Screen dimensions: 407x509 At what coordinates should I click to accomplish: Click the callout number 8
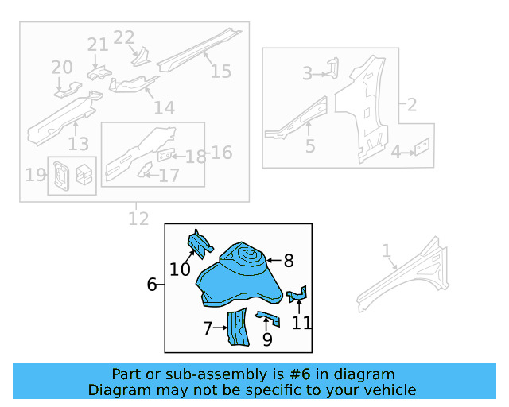tap(289, 260)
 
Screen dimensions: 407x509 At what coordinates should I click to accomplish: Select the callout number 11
tap(301, 323)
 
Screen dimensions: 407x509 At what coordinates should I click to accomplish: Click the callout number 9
tap(267, 339)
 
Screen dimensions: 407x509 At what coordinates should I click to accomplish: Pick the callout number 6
tap(152, 284)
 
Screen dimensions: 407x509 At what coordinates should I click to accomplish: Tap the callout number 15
tap(220, 71)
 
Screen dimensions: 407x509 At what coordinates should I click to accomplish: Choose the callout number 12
tap(138, 218)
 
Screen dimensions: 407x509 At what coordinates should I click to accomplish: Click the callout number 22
tap(124, 37)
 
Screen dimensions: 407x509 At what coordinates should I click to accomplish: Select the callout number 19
tap(35, 174)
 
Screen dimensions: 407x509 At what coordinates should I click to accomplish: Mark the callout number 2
tap(412, 104)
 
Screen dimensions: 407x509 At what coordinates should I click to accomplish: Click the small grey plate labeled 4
tap(422, 147)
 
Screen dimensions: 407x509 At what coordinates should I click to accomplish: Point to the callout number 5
tap(310, 146)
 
